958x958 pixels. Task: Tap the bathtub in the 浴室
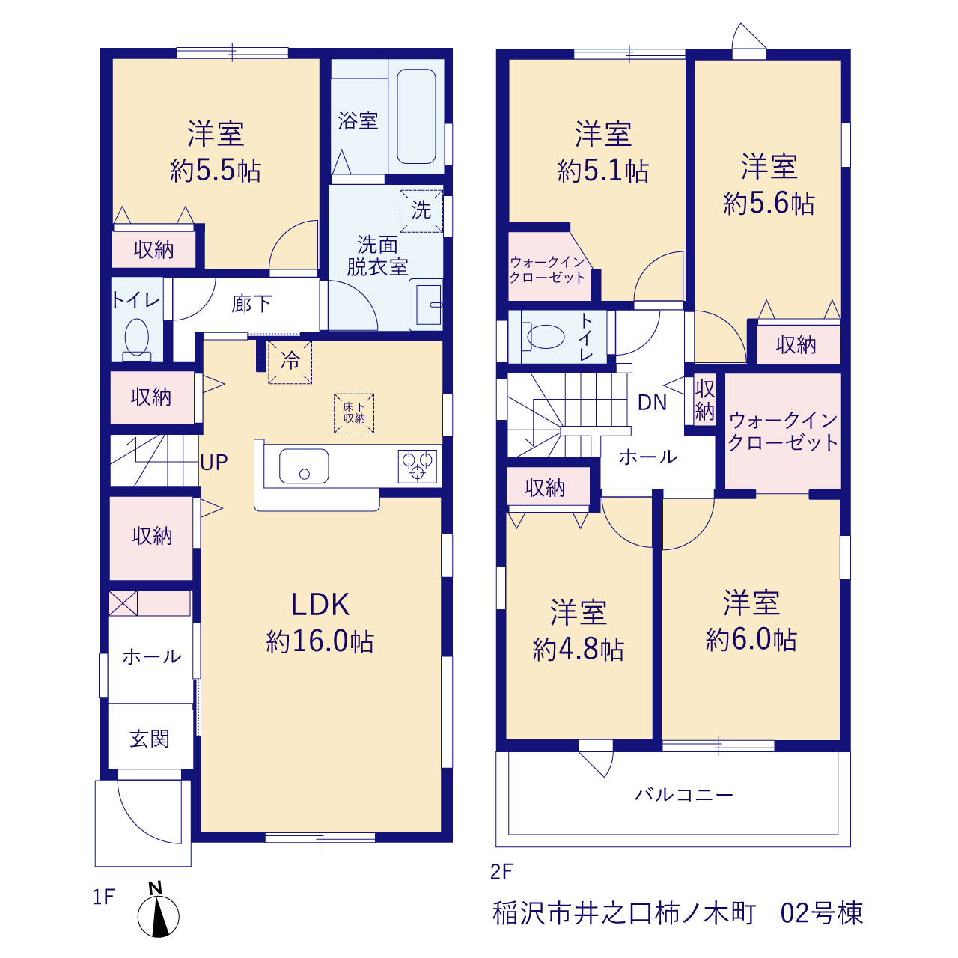(x=416, y=116)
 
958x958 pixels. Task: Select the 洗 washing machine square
(x=421, y=211)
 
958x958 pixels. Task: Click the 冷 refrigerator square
(x=290, y=362)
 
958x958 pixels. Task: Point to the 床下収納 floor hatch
(x=354, y=413)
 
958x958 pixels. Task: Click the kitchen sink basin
(x=304, y=466)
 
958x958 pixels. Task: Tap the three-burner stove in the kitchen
(x=418, y=466)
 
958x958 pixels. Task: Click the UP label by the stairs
(x=214, y=463)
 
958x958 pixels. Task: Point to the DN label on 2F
(x=652, y=403)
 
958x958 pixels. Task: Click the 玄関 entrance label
(x=150, y=739)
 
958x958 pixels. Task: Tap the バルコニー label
(x=684, y=794)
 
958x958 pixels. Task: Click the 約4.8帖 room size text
(x=579, y=650)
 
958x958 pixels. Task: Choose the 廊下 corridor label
(x=251, y=303)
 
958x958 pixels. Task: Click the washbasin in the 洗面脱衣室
(x=426, y=305)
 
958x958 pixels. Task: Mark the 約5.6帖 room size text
(x=769, y=204)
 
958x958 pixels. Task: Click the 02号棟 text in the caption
(x=821, y=913)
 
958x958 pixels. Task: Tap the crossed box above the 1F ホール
(x=123, y=603)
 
